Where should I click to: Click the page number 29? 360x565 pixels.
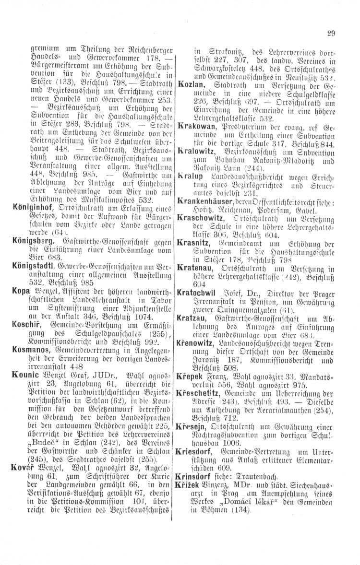click(x=331, y=33)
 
